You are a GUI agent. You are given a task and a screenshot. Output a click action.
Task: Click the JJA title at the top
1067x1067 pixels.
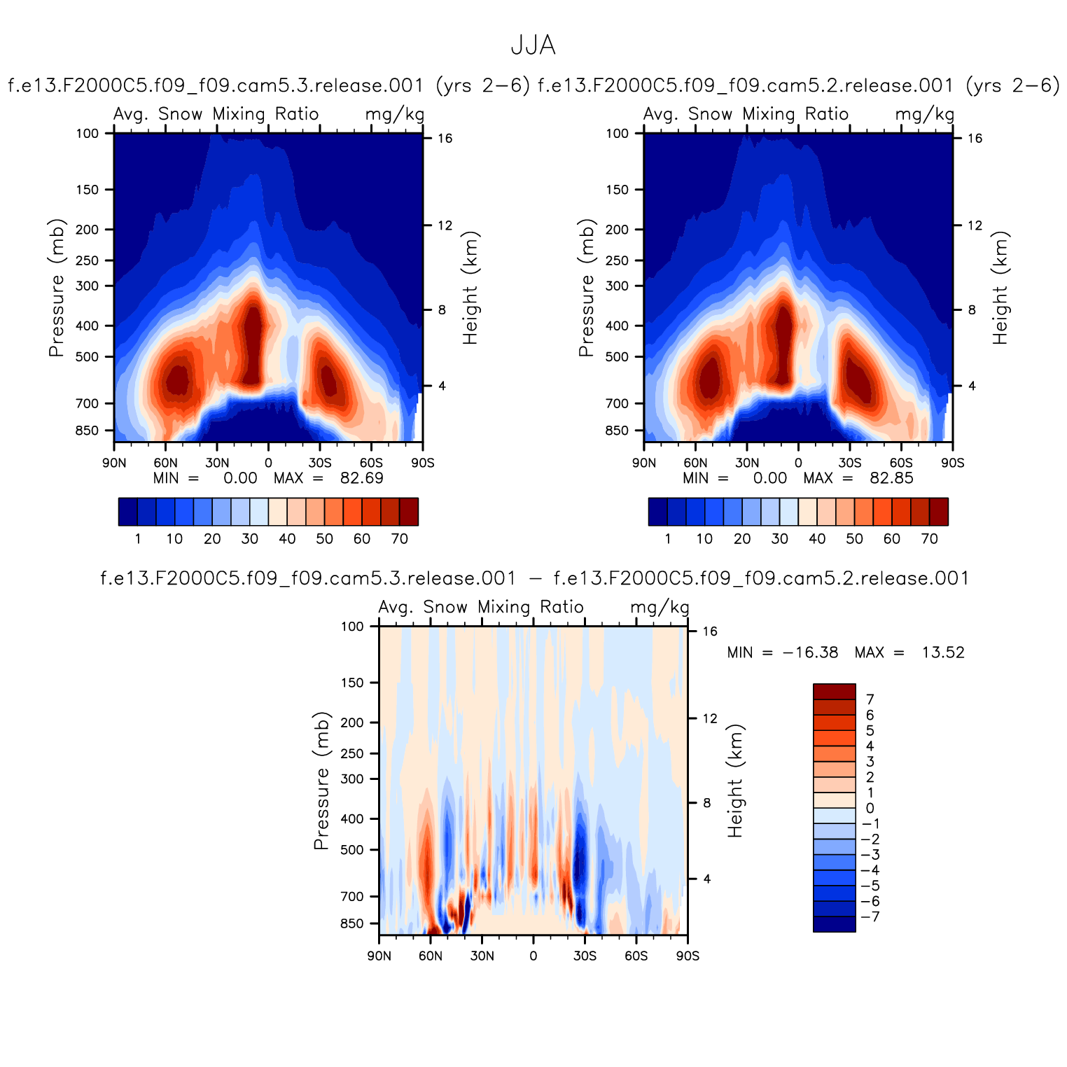[x=533, y=46]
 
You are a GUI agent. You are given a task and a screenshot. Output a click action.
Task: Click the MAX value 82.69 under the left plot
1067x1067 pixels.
[x=361, y=478]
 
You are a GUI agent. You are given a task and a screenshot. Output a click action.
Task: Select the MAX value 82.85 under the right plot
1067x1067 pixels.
[x=891, y=478]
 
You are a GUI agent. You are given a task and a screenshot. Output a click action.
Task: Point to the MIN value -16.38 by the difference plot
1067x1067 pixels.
[x=810, y=653]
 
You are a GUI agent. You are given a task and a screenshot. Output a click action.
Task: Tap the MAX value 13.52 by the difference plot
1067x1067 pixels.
[x=942, y=653]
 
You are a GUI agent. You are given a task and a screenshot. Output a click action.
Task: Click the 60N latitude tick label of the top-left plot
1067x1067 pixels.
[x=166, y=463]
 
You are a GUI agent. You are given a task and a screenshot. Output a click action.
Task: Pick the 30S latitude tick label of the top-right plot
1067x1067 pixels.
[x=850, y=463]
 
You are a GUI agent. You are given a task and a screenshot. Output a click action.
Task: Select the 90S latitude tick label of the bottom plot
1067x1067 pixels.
[x=688, y=956]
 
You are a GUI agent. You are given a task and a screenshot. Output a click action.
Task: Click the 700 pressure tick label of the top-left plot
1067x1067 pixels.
[x=88, y=403]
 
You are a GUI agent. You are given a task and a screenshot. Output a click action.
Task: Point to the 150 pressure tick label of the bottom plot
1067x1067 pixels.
[x=352, y=683]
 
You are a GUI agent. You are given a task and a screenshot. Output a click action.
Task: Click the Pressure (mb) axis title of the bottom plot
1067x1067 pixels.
[x=321, y=781]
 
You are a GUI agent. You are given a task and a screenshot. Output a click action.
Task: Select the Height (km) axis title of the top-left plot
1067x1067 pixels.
[x=470, y=288]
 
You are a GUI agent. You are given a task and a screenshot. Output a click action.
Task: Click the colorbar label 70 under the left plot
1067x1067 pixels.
[x=399, y=538]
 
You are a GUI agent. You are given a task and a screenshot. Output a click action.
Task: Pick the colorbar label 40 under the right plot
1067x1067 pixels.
[x=817, y=538]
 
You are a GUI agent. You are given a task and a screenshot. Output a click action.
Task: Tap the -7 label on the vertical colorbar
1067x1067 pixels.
[x=871, y=917]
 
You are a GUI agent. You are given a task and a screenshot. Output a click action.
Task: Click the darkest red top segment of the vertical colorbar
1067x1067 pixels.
[x=834, y=691]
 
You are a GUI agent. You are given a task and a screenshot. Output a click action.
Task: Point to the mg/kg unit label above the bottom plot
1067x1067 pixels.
[x=660, y=607]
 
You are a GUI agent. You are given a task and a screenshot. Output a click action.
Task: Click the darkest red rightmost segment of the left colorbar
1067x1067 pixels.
[x=409, y=511]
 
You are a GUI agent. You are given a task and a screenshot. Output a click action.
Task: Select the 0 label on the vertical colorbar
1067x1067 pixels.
[x=870, y=808]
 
